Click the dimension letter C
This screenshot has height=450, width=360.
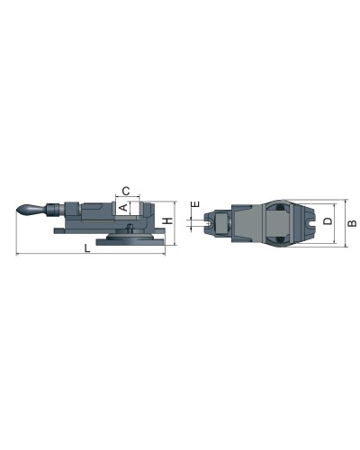pos(127,190)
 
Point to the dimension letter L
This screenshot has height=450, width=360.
pos(86,249)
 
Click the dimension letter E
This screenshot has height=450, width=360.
pos(194,206)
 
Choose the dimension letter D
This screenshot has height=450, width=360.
pos(328,220)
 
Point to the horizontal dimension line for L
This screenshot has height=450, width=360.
pos(90,256)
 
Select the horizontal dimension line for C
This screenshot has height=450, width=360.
pos(127,197)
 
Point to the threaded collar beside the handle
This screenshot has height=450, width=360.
pos(53,211)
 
